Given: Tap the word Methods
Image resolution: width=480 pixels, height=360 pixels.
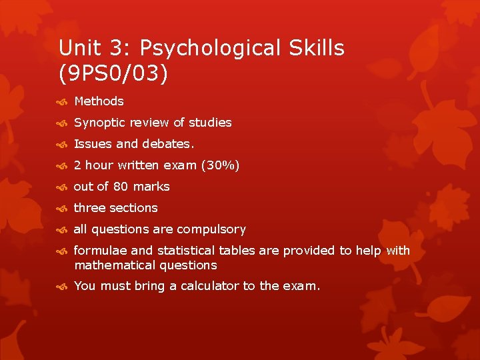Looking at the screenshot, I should point(99,101).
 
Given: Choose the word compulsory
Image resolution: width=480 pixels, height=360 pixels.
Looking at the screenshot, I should point(211,229).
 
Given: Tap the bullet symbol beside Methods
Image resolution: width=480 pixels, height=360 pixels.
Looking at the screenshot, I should point(63,102).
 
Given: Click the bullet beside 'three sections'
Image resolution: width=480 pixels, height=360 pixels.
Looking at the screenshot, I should point(63,209).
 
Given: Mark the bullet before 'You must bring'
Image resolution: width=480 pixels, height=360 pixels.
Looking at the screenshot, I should point(63,287).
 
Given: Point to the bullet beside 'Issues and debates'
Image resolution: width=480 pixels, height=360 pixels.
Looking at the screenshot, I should point(63,145).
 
